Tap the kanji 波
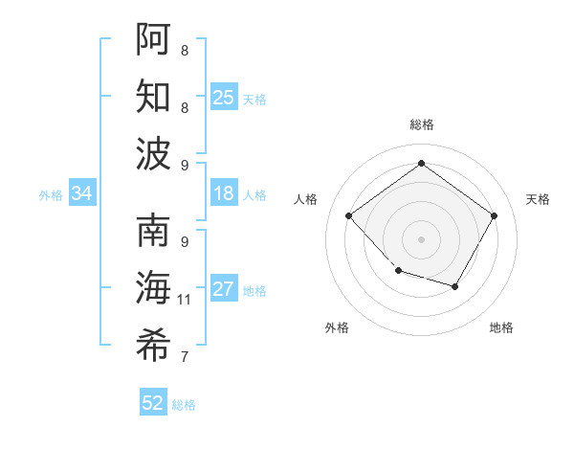pos(153,153)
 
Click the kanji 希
pos(153,346)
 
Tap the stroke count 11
pos(185,300)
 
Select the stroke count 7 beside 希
pos(184,357)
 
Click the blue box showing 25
pos(224,98)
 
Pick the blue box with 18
pos(224,193)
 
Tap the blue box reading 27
pos(224,289)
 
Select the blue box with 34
pos(81,193)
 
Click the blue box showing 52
pos(153,403)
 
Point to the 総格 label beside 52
pos(184,405)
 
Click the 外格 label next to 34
pos(51,195)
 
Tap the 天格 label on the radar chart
pos(538,199)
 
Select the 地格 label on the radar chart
pos(501,327)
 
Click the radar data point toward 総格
pos(421,164)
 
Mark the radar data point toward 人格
pos(349,215)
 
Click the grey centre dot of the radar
pos(421,238)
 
